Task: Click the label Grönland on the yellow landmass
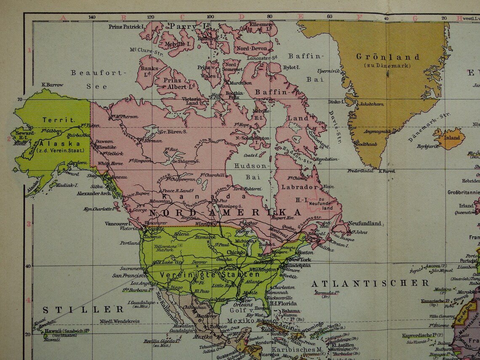[x=388, y=57]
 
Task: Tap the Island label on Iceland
[x=453, y=138]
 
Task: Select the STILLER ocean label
[x=83, y=309]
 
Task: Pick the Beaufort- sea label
[x=99, y=72]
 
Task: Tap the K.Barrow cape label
[x=52, y=85]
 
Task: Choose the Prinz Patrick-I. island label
[x=127, y=26]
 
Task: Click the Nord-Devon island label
[x=251, y=48]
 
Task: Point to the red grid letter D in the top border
[x=242, y=18]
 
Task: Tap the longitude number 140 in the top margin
[x=92, y=18]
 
